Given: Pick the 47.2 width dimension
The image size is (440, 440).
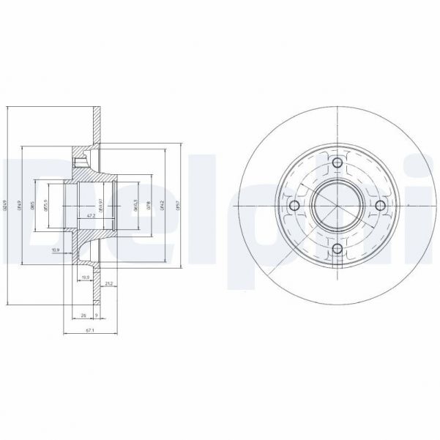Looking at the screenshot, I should tap(91, 217).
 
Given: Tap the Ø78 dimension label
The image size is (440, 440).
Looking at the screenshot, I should tap(149, 205).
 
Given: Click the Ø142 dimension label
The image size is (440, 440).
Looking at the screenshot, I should tap(163, 205).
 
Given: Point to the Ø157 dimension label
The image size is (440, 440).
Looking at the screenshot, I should tap(177, 205).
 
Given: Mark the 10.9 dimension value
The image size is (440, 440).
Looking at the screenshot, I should tap(56, 250).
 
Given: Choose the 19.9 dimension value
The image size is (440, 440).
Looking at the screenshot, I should tap(86, 277).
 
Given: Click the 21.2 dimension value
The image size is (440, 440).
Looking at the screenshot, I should tap(108, 283).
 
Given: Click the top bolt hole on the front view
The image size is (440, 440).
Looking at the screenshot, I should tap(337, 164).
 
